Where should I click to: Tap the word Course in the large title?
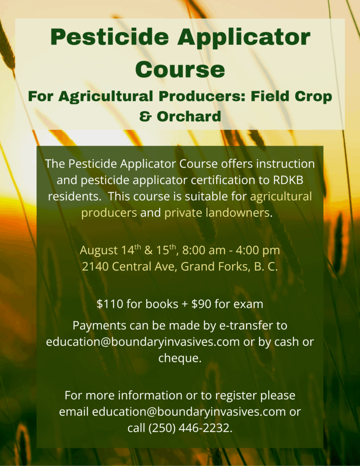180,69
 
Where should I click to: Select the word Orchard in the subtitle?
189,116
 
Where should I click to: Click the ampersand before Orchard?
145,116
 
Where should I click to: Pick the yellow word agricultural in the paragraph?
281,197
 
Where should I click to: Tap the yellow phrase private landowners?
217,213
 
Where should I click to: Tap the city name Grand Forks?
214,267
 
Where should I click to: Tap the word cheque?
180,358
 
